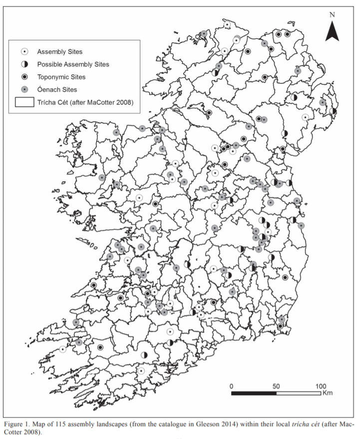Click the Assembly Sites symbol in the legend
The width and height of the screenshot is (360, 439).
pos(23,51)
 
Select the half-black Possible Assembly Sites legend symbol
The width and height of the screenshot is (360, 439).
pos(23,64)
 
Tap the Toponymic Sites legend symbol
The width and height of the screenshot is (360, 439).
pos(23,77)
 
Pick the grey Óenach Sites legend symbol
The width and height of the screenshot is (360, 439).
pos(23,89)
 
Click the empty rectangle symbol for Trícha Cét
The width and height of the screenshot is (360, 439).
pos(23,103)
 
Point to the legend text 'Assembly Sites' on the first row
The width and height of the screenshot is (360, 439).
pos(59,51)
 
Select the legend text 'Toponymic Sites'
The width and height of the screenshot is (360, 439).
pos(61,77)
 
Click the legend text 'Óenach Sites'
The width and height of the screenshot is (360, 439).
pos(57,90)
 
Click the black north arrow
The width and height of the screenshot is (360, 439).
pos(332,31)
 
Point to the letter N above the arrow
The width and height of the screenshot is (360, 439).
pos(332,15)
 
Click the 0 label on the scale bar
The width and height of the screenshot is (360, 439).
pos(232,386)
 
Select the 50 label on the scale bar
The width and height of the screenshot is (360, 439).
pos(276,386)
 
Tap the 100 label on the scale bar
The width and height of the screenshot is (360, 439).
pos(321,386)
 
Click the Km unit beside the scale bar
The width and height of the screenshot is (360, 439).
pos(328,394)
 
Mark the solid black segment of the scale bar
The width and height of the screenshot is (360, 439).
pos(254,394)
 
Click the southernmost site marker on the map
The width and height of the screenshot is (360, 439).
pos(141,371)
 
